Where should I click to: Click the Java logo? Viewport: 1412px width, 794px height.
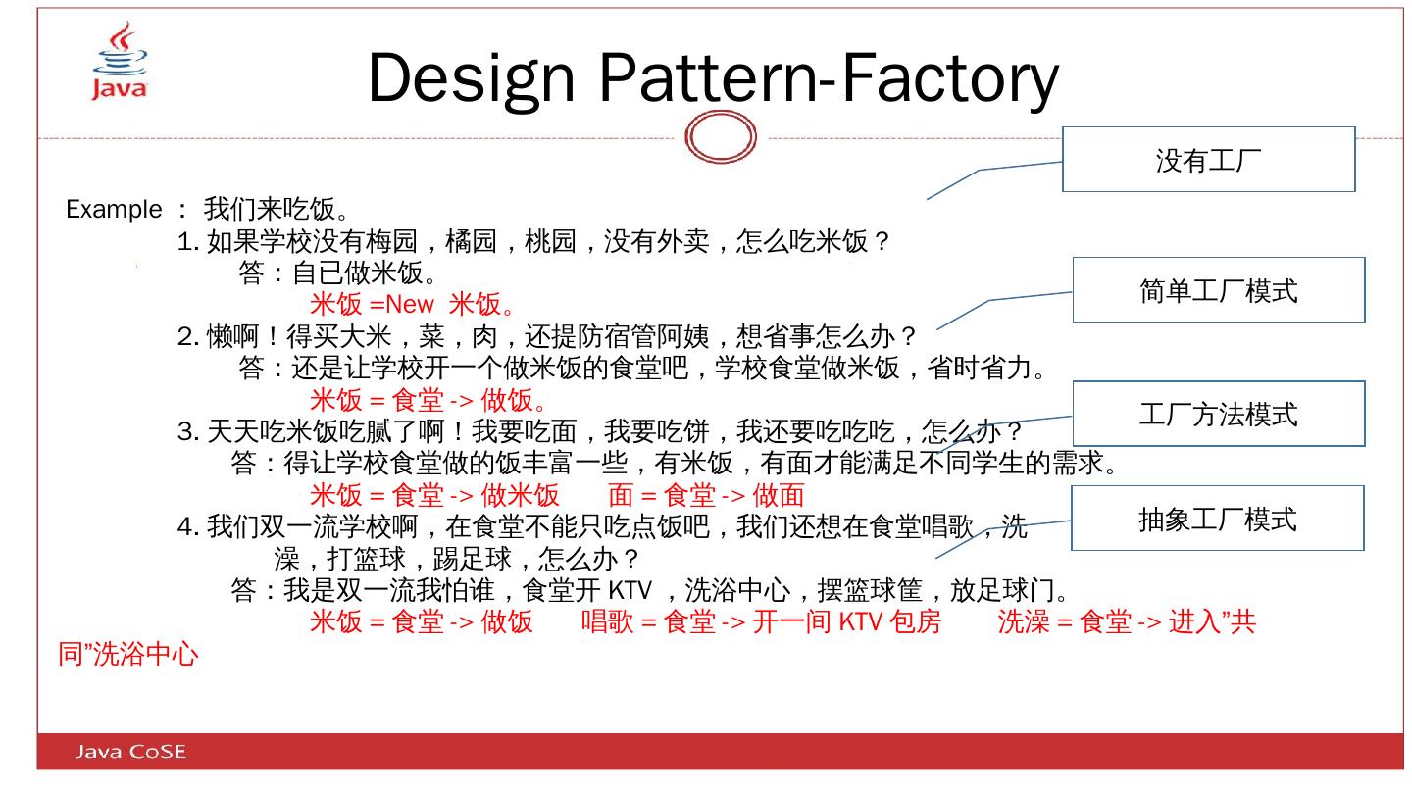pyautogui.click(x=120, y=61)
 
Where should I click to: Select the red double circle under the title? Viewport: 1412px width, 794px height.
pyautogui.click(x=721, y=137)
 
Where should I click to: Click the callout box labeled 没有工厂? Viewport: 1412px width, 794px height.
pyautogui.click(x=1208, y=160)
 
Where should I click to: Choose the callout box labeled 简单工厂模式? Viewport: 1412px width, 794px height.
pyautogui.click(x=1218, y=290)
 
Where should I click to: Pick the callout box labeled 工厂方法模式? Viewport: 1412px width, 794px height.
pyautogui.click(x=1218, y=414)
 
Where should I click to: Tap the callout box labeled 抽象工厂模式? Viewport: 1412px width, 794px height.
pyautogui.click(x=1217, y=519)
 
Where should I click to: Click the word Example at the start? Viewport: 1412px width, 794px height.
pyautogui.click(x=114, y=210)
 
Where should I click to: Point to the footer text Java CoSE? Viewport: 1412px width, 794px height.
pyautogui.click(x=130, y=752)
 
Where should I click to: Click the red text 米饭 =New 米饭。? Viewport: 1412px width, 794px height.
pyautogui.click(x=413, y=305)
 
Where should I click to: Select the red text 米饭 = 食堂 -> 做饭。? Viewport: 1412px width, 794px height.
pyautogui.click(x=429, y=400)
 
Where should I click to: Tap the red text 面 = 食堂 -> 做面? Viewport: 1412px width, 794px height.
pyautogui.click(x=706, y=496)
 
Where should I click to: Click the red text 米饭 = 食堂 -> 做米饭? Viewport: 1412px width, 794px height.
pyautogui.click(x=434, y=496)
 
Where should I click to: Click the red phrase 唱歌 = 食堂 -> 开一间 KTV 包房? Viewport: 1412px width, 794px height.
pyautogui.click(x=761, y=622)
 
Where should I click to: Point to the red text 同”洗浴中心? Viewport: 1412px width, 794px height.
pyautogui.click(x=127, y=655)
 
